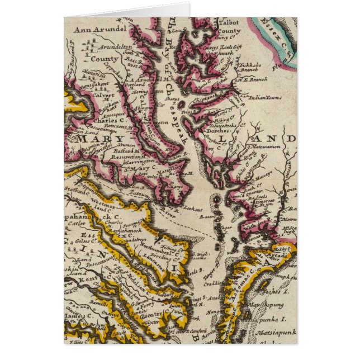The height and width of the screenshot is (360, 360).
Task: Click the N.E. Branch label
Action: pyautogui.click(x=252, y=80)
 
